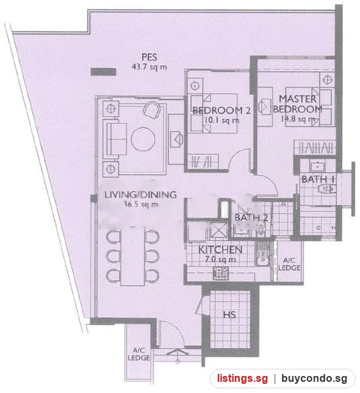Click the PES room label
pyautogui.click(x=150, y=57)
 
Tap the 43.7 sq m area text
pyautogui.click(x=150, y=67)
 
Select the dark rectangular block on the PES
pyautogui.click(x=103, y=71)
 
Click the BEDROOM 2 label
pyautogui.click(x=221, y=111)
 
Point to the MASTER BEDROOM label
pyautogui.click(x=298, y=103)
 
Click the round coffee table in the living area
pyautogui.click(x=143, y=139)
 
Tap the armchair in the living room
pyautogui.click(x=151, y=110)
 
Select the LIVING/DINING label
pyautogui.click(x=140, y=195)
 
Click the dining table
pyautogui.click(x=132, y=256)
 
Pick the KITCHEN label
pyautogui.click(x=220, y=250)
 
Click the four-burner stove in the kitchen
pyautogui.click(x=221, y=273)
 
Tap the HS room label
pyautogui.click(x=230, y=315)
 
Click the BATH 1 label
pyautogui.click(x=318, y=179)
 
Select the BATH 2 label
pyautogui.click(x=251, y=217)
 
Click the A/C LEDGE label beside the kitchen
pyautogui.click(x=289, y=264)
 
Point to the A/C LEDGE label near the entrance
pyautogui.click(x=139, y=354)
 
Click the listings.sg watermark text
pyautogui.click(x=243, y=378)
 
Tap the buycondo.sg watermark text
pyautogui.click(x=314, y=378)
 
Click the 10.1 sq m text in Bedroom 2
pyautogui.click(x=222, y=121)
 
